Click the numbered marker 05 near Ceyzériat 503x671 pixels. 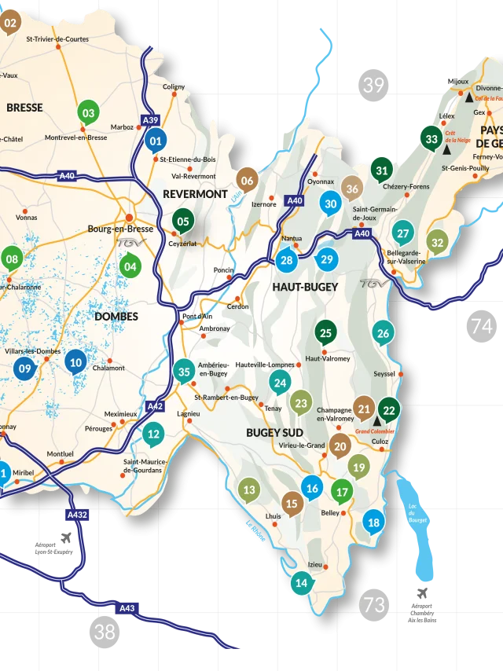coord(183,221)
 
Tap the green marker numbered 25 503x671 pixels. coord(325,332)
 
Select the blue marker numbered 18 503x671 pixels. coord(373,522)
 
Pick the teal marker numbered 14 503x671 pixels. coord(301,582)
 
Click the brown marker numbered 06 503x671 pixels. coord(247,180)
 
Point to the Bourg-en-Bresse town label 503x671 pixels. coord(120,229)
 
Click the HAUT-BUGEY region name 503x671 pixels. coord(305,287)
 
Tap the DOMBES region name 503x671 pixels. coord(116,316)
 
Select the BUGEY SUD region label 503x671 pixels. coord(274,432)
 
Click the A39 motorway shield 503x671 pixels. coord(150,120)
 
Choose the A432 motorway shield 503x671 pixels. coord(78,515)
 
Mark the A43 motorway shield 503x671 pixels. coord(127,608)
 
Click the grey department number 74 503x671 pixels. coord(481,326)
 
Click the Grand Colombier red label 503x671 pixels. coord(374,431)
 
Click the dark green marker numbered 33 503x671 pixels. coord(431,139)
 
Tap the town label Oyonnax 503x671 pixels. coord(321,181)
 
